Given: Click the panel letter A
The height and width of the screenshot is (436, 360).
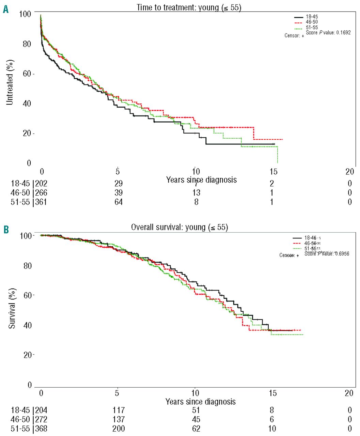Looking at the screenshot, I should pyautogui.click(x=5, y=9).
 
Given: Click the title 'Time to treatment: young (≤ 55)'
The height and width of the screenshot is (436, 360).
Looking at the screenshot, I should pyautogui.click(x=189, y=7).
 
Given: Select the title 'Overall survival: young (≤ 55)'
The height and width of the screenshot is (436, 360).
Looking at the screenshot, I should pyautogui.click(x=179, y=227).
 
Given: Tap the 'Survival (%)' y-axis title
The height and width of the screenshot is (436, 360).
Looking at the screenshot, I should pyautogui.click(x=12, y=308).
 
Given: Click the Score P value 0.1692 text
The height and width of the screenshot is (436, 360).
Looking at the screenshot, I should pyautogui.click(x=328, y=33).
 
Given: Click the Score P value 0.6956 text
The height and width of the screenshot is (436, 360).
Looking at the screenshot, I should pyautogui.click(x=327, y=254).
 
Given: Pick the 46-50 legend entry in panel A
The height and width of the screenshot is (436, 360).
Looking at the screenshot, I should pyautogui.click(x=311, y=22).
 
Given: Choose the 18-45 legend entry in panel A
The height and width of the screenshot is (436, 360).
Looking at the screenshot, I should pyautogui.click(x=311, y=17).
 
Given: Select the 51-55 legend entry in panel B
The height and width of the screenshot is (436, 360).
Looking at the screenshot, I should pyautogui.click(x=310, y=249).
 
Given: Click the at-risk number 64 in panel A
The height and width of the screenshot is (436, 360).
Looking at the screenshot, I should pyautogui.click(x=119, y=202).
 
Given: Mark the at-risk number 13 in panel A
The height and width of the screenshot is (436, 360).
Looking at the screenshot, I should pyautogui.click(x=196, y=193).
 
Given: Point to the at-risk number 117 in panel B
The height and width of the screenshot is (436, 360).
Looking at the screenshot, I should pyautogui.click(x=119, y=410).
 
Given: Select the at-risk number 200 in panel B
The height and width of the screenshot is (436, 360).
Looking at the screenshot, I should pyautogui.click(x=119, y=429).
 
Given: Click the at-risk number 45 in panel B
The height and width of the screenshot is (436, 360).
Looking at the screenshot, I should pyautogui.click(x=196, y=419).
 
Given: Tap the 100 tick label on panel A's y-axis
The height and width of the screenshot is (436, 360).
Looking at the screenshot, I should pyautogui.click(x=25, y=14).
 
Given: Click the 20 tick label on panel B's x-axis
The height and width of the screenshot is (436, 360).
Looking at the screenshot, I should pyautogui.click(x=349, y=393).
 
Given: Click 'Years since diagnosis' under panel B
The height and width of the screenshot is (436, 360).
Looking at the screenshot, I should pyautogui.click(x=201, y=402).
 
